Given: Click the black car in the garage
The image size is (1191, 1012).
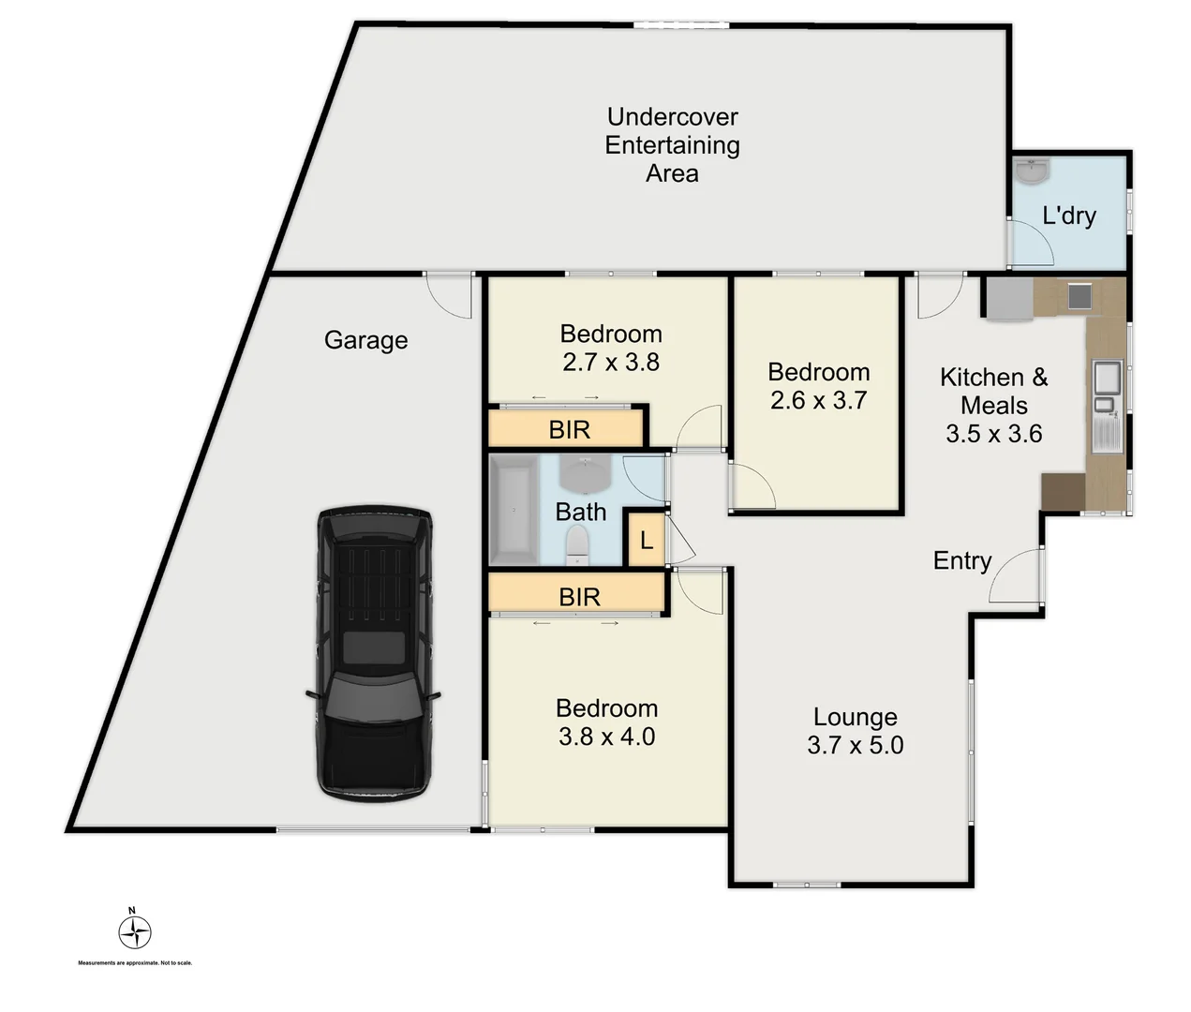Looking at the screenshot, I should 374,653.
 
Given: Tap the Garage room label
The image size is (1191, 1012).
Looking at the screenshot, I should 365,340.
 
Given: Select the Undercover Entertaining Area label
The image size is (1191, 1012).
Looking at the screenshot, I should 672,145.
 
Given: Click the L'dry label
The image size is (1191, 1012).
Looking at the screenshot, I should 1068,216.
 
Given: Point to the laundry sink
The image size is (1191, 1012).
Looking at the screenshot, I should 1032,172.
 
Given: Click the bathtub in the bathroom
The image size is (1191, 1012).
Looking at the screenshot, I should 513,511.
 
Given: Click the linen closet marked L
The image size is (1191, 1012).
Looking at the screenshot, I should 646,541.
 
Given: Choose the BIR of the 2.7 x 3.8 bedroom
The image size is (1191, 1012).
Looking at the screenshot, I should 568,429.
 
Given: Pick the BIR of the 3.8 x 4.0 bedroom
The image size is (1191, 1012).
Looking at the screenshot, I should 578,596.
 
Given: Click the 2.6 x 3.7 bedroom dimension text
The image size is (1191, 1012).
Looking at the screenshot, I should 818,400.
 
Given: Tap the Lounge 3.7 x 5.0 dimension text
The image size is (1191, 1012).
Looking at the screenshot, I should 855,745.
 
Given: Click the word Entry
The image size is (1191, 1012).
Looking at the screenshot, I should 961,560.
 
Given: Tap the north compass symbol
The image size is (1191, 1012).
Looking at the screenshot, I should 135,931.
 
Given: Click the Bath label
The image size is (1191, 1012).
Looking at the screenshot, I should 580,512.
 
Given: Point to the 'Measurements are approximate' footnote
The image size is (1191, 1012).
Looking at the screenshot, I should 135,962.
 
